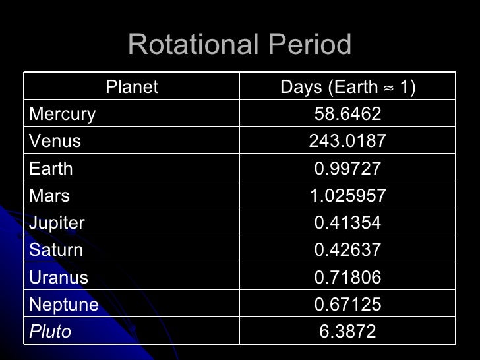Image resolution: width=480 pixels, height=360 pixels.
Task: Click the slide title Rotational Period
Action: (239, 45)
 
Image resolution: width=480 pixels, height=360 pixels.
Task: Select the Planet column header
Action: (132, 87)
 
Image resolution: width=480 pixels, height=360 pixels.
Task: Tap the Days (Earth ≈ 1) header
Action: (347, 87)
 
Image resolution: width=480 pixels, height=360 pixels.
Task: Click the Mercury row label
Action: (63, 114)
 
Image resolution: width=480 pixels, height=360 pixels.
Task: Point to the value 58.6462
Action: (347, 114)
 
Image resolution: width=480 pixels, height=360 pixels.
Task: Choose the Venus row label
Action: (55, 141)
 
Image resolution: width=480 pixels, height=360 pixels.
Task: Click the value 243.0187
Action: (347, 141)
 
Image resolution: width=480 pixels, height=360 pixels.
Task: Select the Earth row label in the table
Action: (51, 169)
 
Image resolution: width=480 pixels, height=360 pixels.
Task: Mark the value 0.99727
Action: (347, 169)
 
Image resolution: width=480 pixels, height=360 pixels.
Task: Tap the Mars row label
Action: (49, 196)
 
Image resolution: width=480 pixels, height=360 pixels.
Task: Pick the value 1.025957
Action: (347, 196)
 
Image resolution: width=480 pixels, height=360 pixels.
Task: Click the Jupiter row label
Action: (57, 223)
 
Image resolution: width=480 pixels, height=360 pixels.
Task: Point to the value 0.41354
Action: (347, 223)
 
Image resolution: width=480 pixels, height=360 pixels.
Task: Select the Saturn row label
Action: (56, 250)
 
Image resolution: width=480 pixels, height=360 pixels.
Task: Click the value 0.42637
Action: (347, 250)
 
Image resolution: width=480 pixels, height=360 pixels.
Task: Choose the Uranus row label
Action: (59, 277)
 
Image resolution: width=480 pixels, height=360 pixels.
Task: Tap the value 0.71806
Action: (347, 277)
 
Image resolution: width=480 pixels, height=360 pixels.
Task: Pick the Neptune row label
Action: (64, 305)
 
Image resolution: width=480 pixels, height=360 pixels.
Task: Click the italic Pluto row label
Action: (50, 331)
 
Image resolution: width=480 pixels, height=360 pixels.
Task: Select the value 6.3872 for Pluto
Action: (347, 331)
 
